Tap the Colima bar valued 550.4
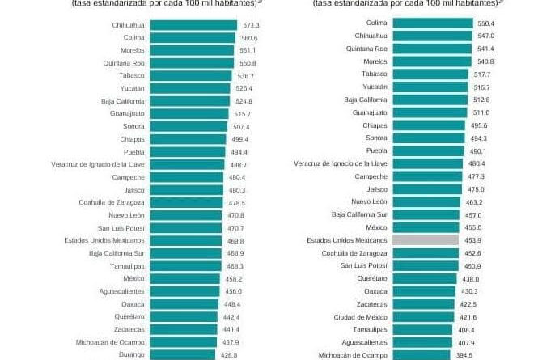click(x=434, y=23)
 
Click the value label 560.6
click(x=250, y=38)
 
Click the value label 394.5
click(x=463, y=355)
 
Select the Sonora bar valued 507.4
click(x=189, y=126)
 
